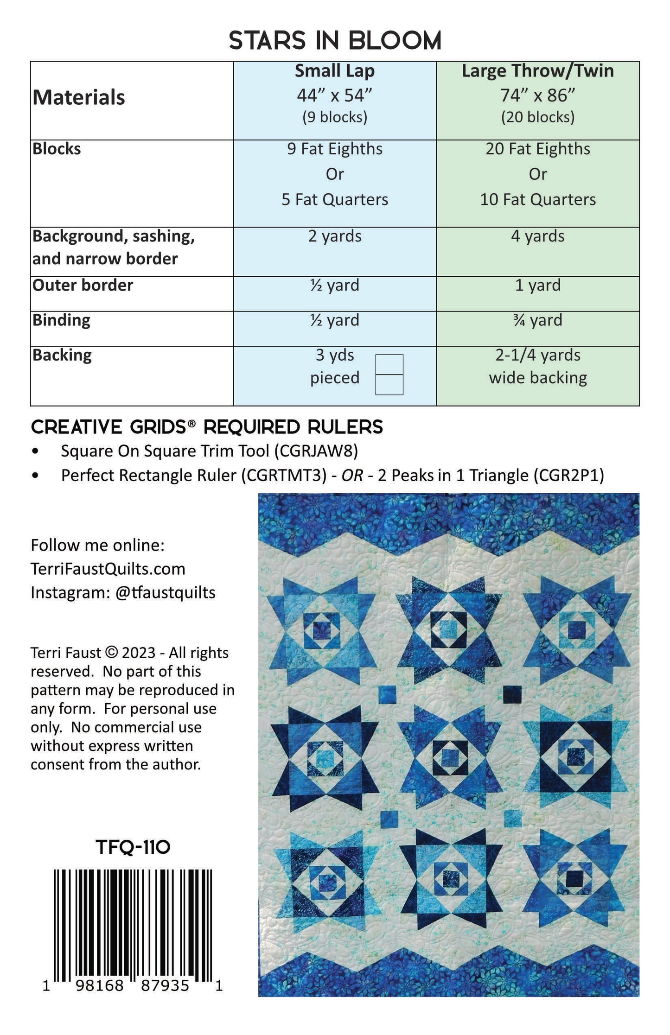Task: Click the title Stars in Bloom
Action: coord(335,41)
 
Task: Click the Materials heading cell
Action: coord(79,98)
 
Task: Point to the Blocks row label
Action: coord(57,149)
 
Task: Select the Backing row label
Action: coord(62,356)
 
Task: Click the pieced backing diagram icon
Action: coord(389,375)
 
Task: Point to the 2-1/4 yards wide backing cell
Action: coord(537,366)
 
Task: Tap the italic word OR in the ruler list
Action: coord(352,476)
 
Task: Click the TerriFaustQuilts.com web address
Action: coord(108,569)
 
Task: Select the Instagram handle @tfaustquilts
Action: coord(165,592)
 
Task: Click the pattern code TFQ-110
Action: coord(133,848)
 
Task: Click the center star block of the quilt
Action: coord(448,757)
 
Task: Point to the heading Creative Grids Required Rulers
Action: coord(207,427)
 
